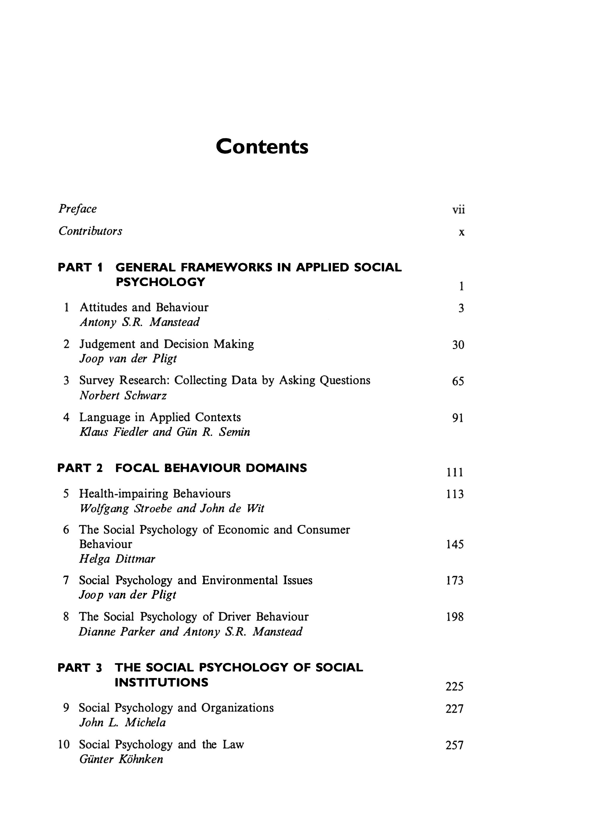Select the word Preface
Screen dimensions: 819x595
pyautogui.click(x=78, y=209)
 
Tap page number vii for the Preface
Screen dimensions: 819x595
pyautogui.click(x=458, y=210)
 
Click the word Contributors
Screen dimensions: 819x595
pyautogui.click(x=90, y=231)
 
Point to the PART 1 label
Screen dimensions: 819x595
pyautogui.click(x=80, y=268)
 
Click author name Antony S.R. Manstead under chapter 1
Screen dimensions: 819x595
pyautogui.click(x=139, y=322)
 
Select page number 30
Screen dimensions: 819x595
pyautogui.click(x=458, y=345)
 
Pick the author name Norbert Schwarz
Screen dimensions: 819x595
pyautogui.click(x=123, y=396)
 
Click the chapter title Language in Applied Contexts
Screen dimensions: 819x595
pyautogui.click(x=160, y=417)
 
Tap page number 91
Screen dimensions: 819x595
pyautogui.click(x=458, y=418)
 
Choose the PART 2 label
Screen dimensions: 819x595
pyautogui.click(x=80, y=468)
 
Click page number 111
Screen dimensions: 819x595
pyautogui.click(x=455, y=472)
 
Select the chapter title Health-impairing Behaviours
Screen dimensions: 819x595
pyautogui.click(x=154, y=494)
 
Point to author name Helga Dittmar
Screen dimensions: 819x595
pyautogui.click(x=117, y=559)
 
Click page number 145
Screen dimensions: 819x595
pyautogui.click(x=455, y=544)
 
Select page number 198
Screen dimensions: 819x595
pyautogui.click(x=455, y=617)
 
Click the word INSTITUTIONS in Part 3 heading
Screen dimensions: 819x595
pyautogui.click(x=162, y=682)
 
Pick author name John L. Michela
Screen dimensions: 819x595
pyautogui.click(x=122, y=723)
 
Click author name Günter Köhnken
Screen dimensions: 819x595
pyautogui.click(x=121, y=759)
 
